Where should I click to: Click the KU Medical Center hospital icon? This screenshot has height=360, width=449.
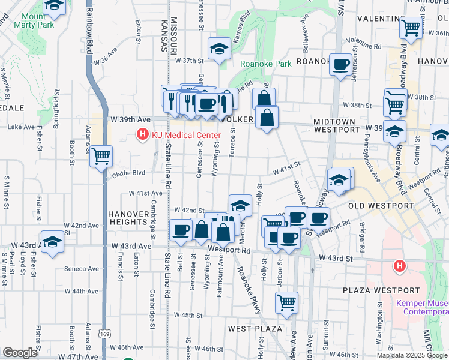click(x=143, y=135)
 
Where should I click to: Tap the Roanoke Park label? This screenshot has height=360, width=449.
click(x=265, y=64)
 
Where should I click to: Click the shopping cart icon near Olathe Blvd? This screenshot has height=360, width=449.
click(x=101, y=156)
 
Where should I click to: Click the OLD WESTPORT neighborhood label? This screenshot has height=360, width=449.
click(x=381, y=206)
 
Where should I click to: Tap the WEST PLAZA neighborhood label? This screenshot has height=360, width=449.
click(x=255, y=329)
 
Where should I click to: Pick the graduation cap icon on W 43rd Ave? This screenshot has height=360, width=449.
click(x=53, y=242)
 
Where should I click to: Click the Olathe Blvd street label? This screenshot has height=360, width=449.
click(x=129, y=173)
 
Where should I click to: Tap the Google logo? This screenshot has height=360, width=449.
click(x=20, y=353)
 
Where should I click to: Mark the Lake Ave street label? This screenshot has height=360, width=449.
click(x=21, y=127)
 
